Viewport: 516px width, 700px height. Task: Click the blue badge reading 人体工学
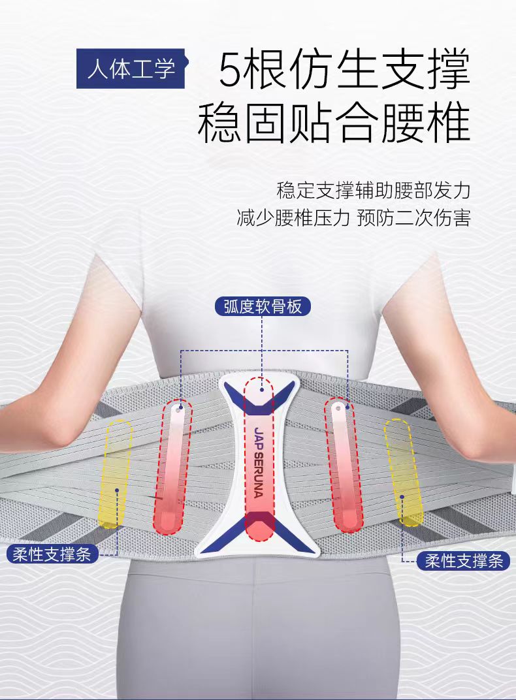[x=132, y=68]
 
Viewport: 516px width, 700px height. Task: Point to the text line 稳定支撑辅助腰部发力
[x=373, y=191]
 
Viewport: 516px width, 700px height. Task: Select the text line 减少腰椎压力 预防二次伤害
[x=353, y=217]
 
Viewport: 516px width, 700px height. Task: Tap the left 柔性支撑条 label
[x=52, y=555]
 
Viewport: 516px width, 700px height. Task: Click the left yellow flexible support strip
[x=116, y=473]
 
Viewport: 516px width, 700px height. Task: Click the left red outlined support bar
[x=173, y=465]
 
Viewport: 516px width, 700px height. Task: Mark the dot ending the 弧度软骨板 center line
[x=261, y=389]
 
